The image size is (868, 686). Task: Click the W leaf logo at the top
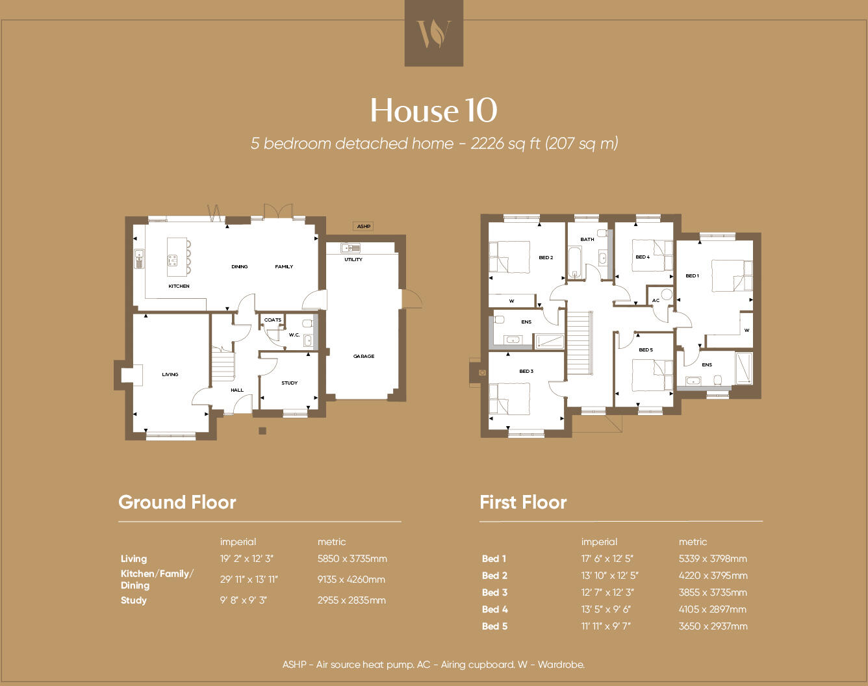pyautogui.click(x=433, y=33)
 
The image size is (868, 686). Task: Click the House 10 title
pyautogui.click(x=433, y=110)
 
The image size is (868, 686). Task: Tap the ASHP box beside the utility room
pyautogui.click(x=363, y=227)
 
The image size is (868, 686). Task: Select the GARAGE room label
pyautogui.click(x=364, y=357)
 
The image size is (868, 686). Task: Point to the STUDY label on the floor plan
pyautogui.click(x=290, y=383)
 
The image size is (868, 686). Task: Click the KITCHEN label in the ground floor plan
pyautogui.click(x=179, y=286)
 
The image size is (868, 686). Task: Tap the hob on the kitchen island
pyautogui.click(x=172, y=260)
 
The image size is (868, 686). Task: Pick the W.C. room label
pyautogui.click(x=294, y=335)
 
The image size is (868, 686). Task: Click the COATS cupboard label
pyautogui.click(x=273, y=320)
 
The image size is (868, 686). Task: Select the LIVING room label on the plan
pyautogui.click(x=170, y=375)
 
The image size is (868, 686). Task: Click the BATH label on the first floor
pyautogui.click(x=587, y=240)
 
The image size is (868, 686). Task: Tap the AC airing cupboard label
pyautogui.click(x=656, y=301)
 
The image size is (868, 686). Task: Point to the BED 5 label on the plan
pyautogui.click(x=646, y=350)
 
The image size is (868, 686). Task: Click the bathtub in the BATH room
pyautogui.click(x=574, y=262)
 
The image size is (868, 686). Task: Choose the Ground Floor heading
pyautogui.click(x=177, y=502)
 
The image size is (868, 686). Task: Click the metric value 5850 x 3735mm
pyautogui.click(x=352, y=559)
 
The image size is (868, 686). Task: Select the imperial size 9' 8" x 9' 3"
pyautogui.click(x=243, y=600)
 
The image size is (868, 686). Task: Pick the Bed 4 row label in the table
pyautogui.click(x=495, y=609)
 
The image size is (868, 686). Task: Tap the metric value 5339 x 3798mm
pyautogui.click(x=713, y=559)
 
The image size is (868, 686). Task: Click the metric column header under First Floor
pyautogui.click(x=693, y=542)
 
